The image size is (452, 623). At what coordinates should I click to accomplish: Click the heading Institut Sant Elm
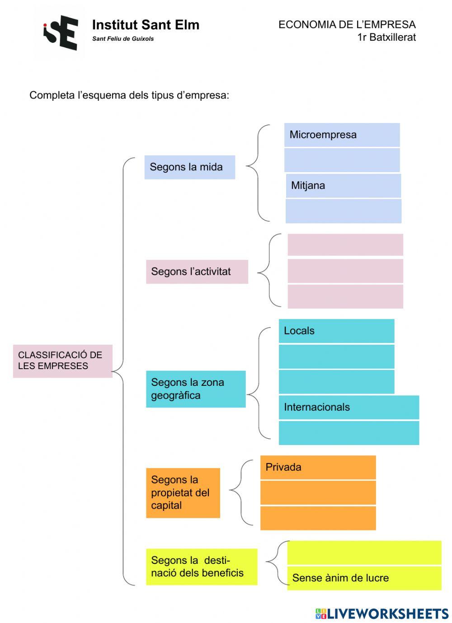click(146, 25)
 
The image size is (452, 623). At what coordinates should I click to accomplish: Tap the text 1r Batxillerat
click(386, 37)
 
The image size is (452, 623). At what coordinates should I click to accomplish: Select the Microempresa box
click(342, 135)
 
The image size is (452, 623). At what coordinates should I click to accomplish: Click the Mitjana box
click(343, 186)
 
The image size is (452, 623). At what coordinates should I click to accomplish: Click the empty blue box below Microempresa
click(342, 160)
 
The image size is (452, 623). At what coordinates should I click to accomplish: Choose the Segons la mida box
click(189, 167)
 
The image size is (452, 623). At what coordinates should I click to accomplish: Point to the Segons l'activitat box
click(197, 272)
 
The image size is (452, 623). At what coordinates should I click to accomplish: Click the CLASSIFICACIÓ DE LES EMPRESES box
click(62, 361)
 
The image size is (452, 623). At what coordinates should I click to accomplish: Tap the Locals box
click(336, 331)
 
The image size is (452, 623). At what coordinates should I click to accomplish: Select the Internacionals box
click(348, 407)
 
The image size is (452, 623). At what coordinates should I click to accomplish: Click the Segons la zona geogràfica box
click(195, 389)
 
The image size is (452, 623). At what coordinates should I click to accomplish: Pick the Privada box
click(318, 467)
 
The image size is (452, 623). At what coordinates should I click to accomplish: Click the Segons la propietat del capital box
click(183, 492)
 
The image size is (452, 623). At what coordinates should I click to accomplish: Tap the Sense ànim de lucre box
click(364, 578)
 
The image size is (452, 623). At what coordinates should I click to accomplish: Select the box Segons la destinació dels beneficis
click(201, 567)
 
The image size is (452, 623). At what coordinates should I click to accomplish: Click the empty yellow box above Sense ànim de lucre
click(364, 552)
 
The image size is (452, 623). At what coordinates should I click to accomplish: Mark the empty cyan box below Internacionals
click(348, 433)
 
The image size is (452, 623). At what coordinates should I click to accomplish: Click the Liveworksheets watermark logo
click(382, 613)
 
